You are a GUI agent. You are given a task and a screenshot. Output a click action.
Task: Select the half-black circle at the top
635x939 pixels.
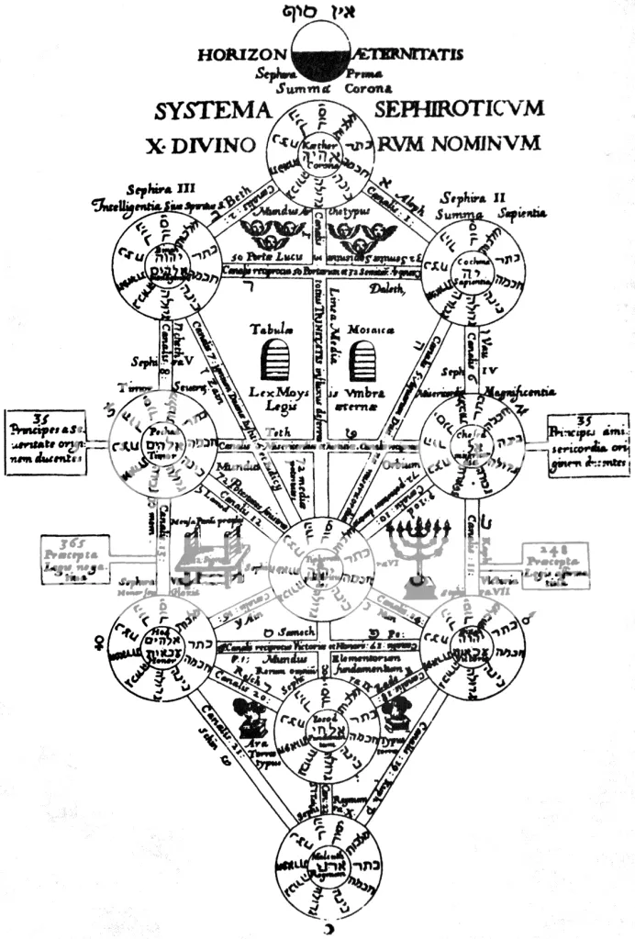pyautogui.click(x=317, y=54)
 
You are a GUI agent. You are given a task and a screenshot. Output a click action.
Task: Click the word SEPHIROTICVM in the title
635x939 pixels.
pyautogui.click(x=458, y=108)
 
